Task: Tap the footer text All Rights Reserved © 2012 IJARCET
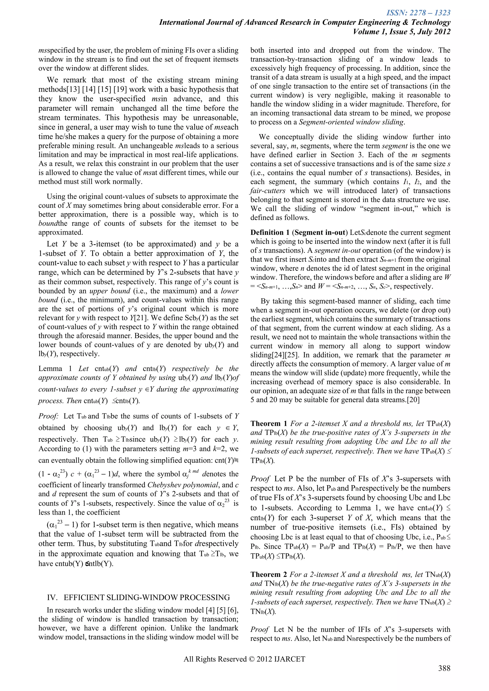click(244, 659)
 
